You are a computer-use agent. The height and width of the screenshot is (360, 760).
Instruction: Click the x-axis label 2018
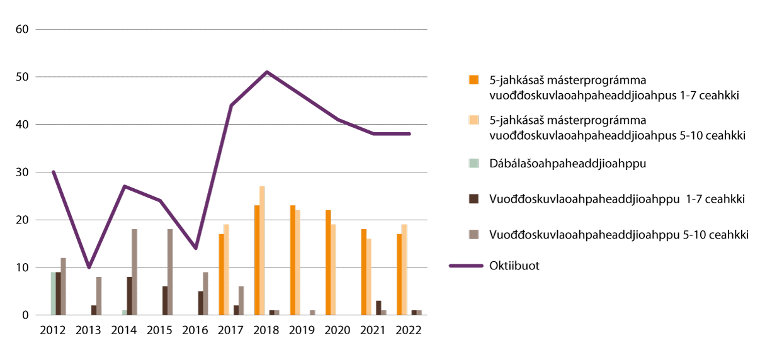tap(267, 330)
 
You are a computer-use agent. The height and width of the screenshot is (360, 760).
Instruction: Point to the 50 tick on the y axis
tap(22, 77)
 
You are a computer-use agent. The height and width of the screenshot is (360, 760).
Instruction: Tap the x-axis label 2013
tap(89, 330)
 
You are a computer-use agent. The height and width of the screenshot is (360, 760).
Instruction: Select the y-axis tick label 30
tap(22, 172)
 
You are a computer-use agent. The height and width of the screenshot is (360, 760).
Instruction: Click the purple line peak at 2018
tap(267, 72)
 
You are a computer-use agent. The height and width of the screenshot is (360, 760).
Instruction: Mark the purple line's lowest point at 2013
tap(89, 267)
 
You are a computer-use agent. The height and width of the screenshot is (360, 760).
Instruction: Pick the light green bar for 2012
tap(54, 293)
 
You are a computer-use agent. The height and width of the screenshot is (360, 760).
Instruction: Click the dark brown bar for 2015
tap(165, 300)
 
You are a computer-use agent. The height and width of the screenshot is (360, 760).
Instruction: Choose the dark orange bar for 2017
tap(221, 274)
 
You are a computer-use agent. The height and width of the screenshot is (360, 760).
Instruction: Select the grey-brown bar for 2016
tap(205, 293)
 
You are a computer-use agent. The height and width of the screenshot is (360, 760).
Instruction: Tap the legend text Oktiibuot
tap(514, 266)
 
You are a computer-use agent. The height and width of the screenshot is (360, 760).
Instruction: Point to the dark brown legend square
tap(473, 199)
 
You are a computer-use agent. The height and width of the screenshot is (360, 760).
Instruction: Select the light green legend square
tap(473, 163)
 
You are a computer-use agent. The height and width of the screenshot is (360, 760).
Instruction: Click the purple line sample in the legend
tap(465, 266)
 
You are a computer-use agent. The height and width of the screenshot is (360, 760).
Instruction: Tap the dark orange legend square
tap(473, 80)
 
